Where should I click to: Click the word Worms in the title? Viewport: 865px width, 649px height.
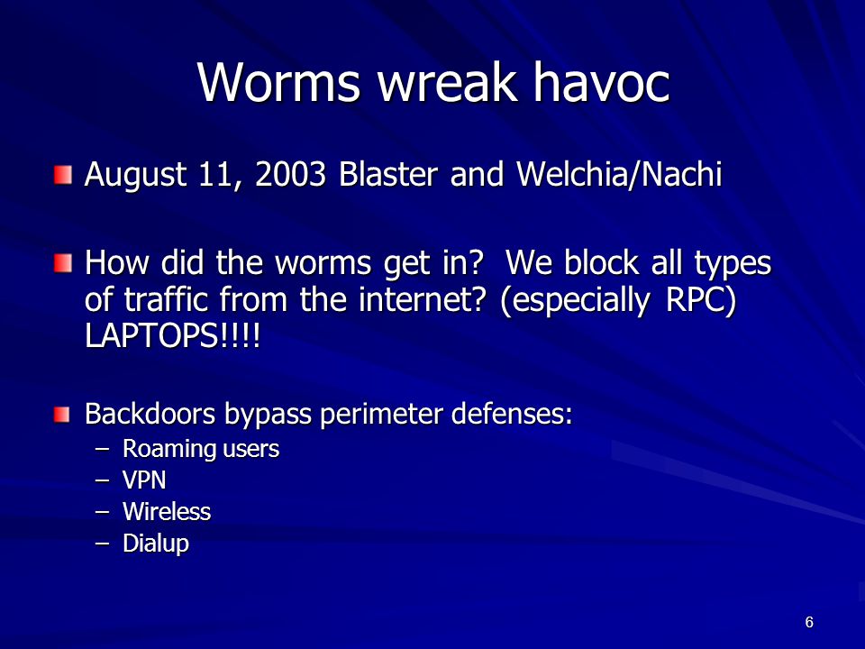[279, 82]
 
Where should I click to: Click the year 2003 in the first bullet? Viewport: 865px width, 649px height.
[290, 174]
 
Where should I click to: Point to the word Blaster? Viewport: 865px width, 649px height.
[388, 174]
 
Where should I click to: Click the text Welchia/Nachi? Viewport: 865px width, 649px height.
[620, 174]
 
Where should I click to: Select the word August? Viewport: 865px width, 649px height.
[135, 176]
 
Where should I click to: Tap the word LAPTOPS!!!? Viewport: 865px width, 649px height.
[172, 335]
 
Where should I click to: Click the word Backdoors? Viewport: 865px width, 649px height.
[150, 414]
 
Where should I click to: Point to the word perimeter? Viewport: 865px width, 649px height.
[381, 415]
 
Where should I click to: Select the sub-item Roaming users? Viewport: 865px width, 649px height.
[201, 449]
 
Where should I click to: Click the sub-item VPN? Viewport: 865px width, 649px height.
[144, 480]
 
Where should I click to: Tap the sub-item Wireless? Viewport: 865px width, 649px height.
[167, 512]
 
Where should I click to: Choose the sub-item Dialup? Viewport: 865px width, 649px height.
[156, 544]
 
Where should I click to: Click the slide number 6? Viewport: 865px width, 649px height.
[809, 622]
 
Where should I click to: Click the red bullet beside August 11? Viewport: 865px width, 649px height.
[63, 174]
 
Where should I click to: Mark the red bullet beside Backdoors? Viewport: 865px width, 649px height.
[62, 414]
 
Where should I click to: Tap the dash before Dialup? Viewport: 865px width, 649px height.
[102, 544]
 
